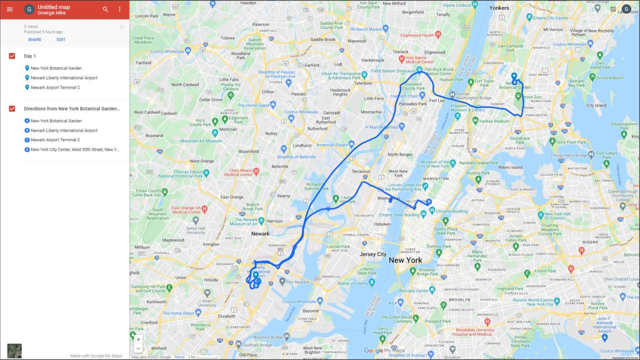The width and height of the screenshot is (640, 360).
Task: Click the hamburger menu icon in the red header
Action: click(x=10, y=9)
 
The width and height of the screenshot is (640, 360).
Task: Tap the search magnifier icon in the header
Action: click(x=105, y=9)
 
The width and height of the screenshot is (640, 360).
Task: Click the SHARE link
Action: click(x=35, y=40)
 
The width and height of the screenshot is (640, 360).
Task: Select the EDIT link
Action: click(x=61, y=40)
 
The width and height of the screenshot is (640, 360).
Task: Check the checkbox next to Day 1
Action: click(x=12, y=56)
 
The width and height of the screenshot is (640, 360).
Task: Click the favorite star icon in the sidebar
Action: click(x=121, y=27)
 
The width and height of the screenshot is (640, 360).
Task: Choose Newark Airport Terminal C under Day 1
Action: click(x=55, y=87)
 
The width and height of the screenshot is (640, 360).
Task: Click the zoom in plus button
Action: click(x=138, y=340)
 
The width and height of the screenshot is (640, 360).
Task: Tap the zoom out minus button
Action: click(x=138, y=348)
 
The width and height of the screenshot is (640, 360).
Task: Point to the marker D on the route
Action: click(x=429, y=202)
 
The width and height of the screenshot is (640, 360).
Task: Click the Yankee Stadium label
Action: click(x=495, y=121)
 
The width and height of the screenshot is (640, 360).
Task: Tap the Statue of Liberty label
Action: click(x=352, y=283)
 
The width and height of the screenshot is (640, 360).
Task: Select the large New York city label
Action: click(x=405, y=260)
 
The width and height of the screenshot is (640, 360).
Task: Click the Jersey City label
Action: click(x=373, y=254)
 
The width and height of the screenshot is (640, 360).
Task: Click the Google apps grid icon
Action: click(x=613, y=9)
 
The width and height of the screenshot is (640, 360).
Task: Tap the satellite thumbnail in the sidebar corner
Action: click(x=15, y=350)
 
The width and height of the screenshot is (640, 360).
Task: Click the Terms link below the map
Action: click(x=179, y=357)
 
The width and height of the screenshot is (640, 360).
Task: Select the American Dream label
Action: click(x=332, y=145)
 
